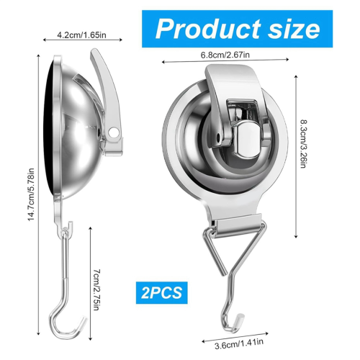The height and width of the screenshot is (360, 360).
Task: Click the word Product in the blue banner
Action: click(x=208, y=29)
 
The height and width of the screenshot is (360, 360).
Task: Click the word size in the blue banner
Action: click(x=294, y=29)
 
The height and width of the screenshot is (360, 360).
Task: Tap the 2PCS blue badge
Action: click(x=162, y=293)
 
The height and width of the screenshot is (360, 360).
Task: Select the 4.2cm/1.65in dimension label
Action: click(x=81, y=35)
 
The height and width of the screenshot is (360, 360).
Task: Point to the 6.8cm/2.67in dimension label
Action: click(x=225, y=55)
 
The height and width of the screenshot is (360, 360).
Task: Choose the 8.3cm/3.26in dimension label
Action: click(x=303, y=144)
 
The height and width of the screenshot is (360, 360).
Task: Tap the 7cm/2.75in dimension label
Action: click(x=96, y=289)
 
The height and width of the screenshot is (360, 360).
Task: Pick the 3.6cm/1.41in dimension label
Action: click(x=239, y=343)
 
